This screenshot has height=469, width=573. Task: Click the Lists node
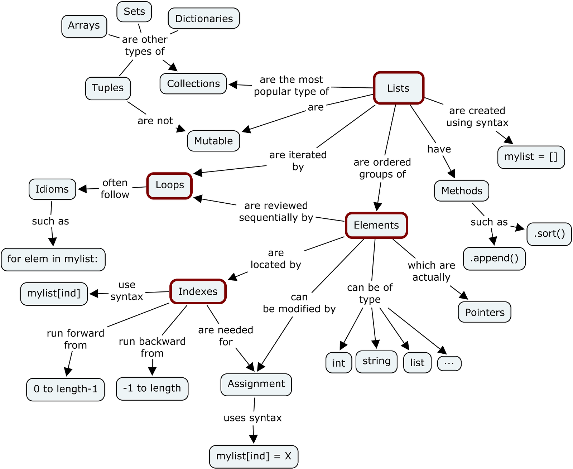pos(398,88)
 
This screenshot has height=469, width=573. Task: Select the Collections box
pos(193,84)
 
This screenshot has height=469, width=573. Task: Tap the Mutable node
pos(213,141)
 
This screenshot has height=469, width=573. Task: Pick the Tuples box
pos(108,88)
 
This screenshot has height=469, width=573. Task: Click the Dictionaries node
pos(204,19)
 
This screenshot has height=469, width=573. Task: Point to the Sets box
pos(134,11)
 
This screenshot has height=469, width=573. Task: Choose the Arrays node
pos(84,26)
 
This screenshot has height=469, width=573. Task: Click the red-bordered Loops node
pos(169,185)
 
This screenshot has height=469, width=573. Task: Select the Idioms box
pos(52,189)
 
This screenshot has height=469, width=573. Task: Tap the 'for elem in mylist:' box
pos(53,259)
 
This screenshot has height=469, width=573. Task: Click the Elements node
pos(376,225)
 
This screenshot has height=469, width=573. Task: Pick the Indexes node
pos(198,291)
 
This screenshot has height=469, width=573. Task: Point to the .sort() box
pos(549,234)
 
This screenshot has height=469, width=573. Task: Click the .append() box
pos(494,258)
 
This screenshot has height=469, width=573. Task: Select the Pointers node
pos(484,312)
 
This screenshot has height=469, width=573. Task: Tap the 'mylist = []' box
pos(531,157)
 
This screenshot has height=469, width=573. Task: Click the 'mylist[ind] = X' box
pos(254,456)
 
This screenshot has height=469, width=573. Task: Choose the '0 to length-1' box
pos(66,389)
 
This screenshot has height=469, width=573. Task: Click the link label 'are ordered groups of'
pos(382,168)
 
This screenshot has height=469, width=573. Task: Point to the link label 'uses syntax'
pos(252,418)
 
